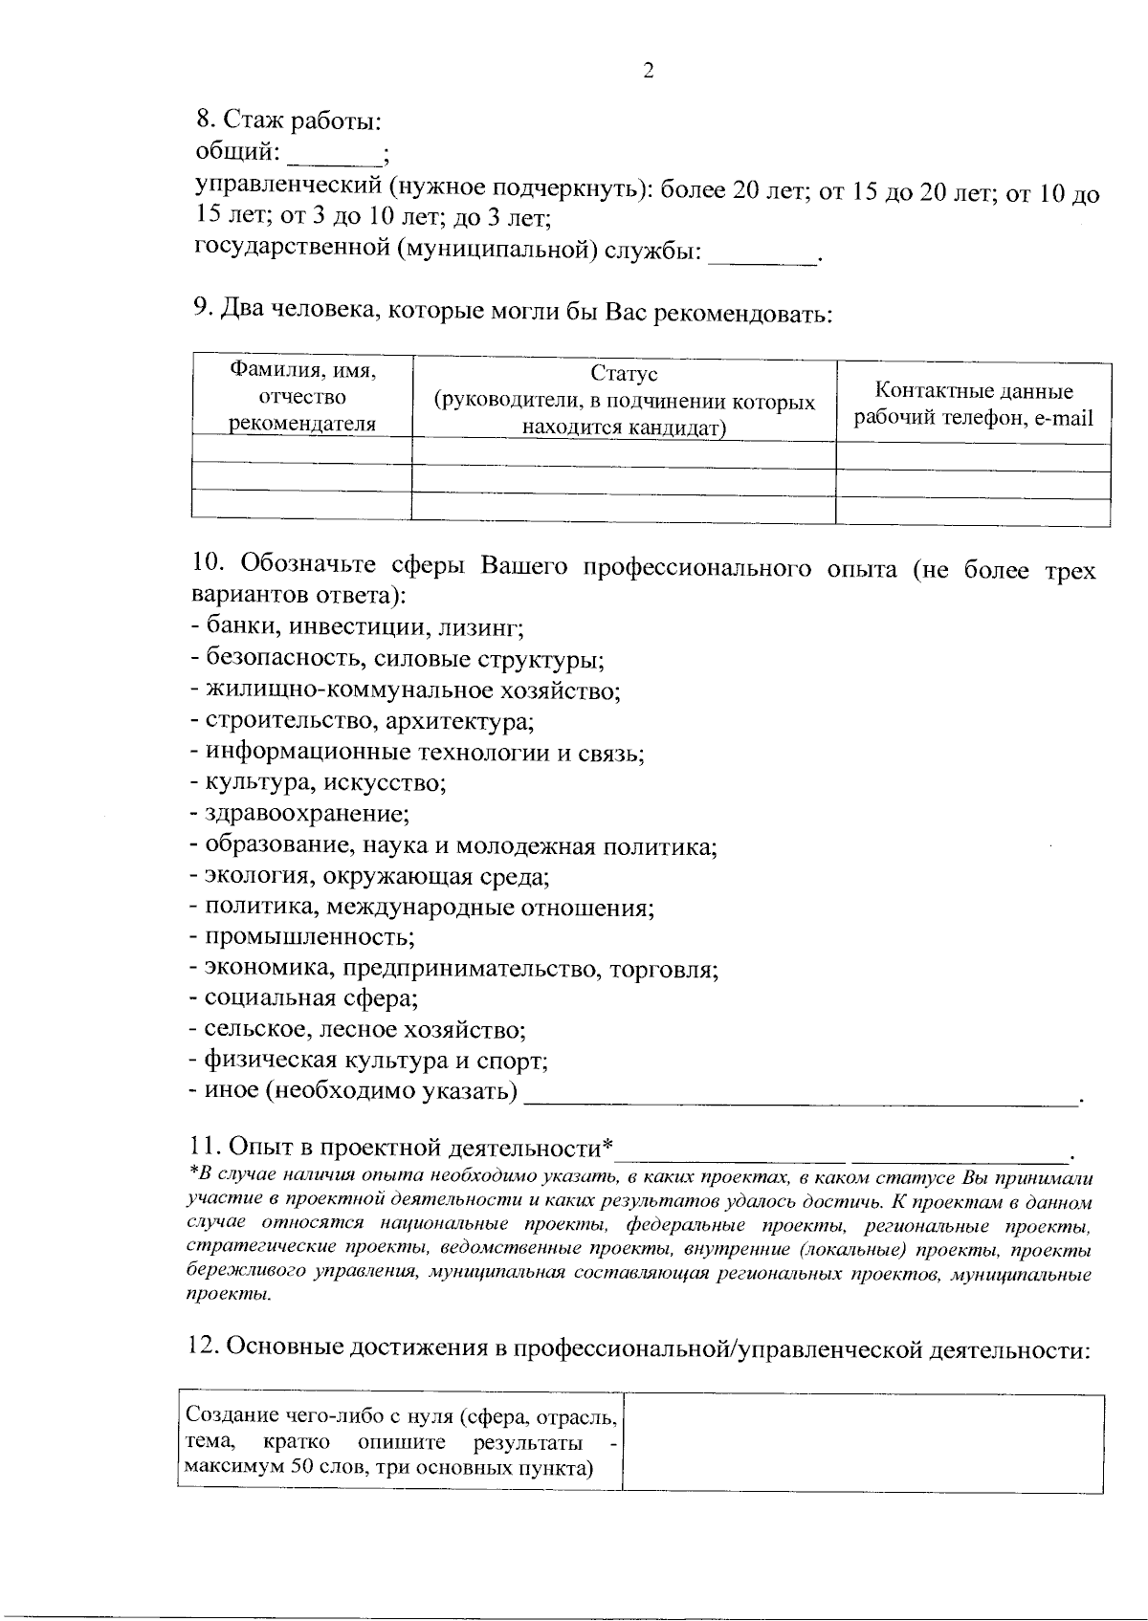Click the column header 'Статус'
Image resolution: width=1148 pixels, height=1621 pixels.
pyautogui.click(x=624, y=374)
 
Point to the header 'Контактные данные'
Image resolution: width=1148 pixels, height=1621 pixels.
pyautogui.click(x=974, y=391)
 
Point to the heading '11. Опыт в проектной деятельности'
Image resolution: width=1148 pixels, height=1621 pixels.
pyautogui.click(x=402, y=1147)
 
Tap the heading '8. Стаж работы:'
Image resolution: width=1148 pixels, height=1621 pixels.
pyautogui.click(x=289, y=121)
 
